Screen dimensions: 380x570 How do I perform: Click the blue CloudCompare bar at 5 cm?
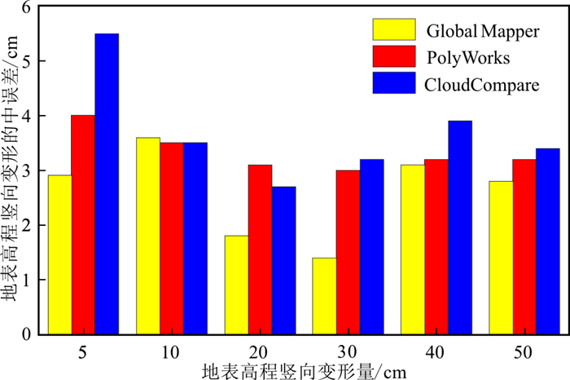tap(107, 183)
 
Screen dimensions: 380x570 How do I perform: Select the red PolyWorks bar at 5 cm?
tap(83, 224)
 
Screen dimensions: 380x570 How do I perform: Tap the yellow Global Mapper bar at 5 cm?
tap(59, 254)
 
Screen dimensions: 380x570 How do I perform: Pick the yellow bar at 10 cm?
tap(147, 236)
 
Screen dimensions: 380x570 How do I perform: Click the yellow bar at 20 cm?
tap(236, 285)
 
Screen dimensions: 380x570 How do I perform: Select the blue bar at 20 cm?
tap(283, 260)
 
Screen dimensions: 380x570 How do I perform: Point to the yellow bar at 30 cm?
tap(324, 295)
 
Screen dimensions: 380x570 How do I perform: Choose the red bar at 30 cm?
tap(348, 252)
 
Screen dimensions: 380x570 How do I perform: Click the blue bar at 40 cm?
tap(459, 228)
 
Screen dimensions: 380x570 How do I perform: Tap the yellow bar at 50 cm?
tap(501, 257)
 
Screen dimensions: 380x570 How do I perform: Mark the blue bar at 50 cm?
tap(547, 241)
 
